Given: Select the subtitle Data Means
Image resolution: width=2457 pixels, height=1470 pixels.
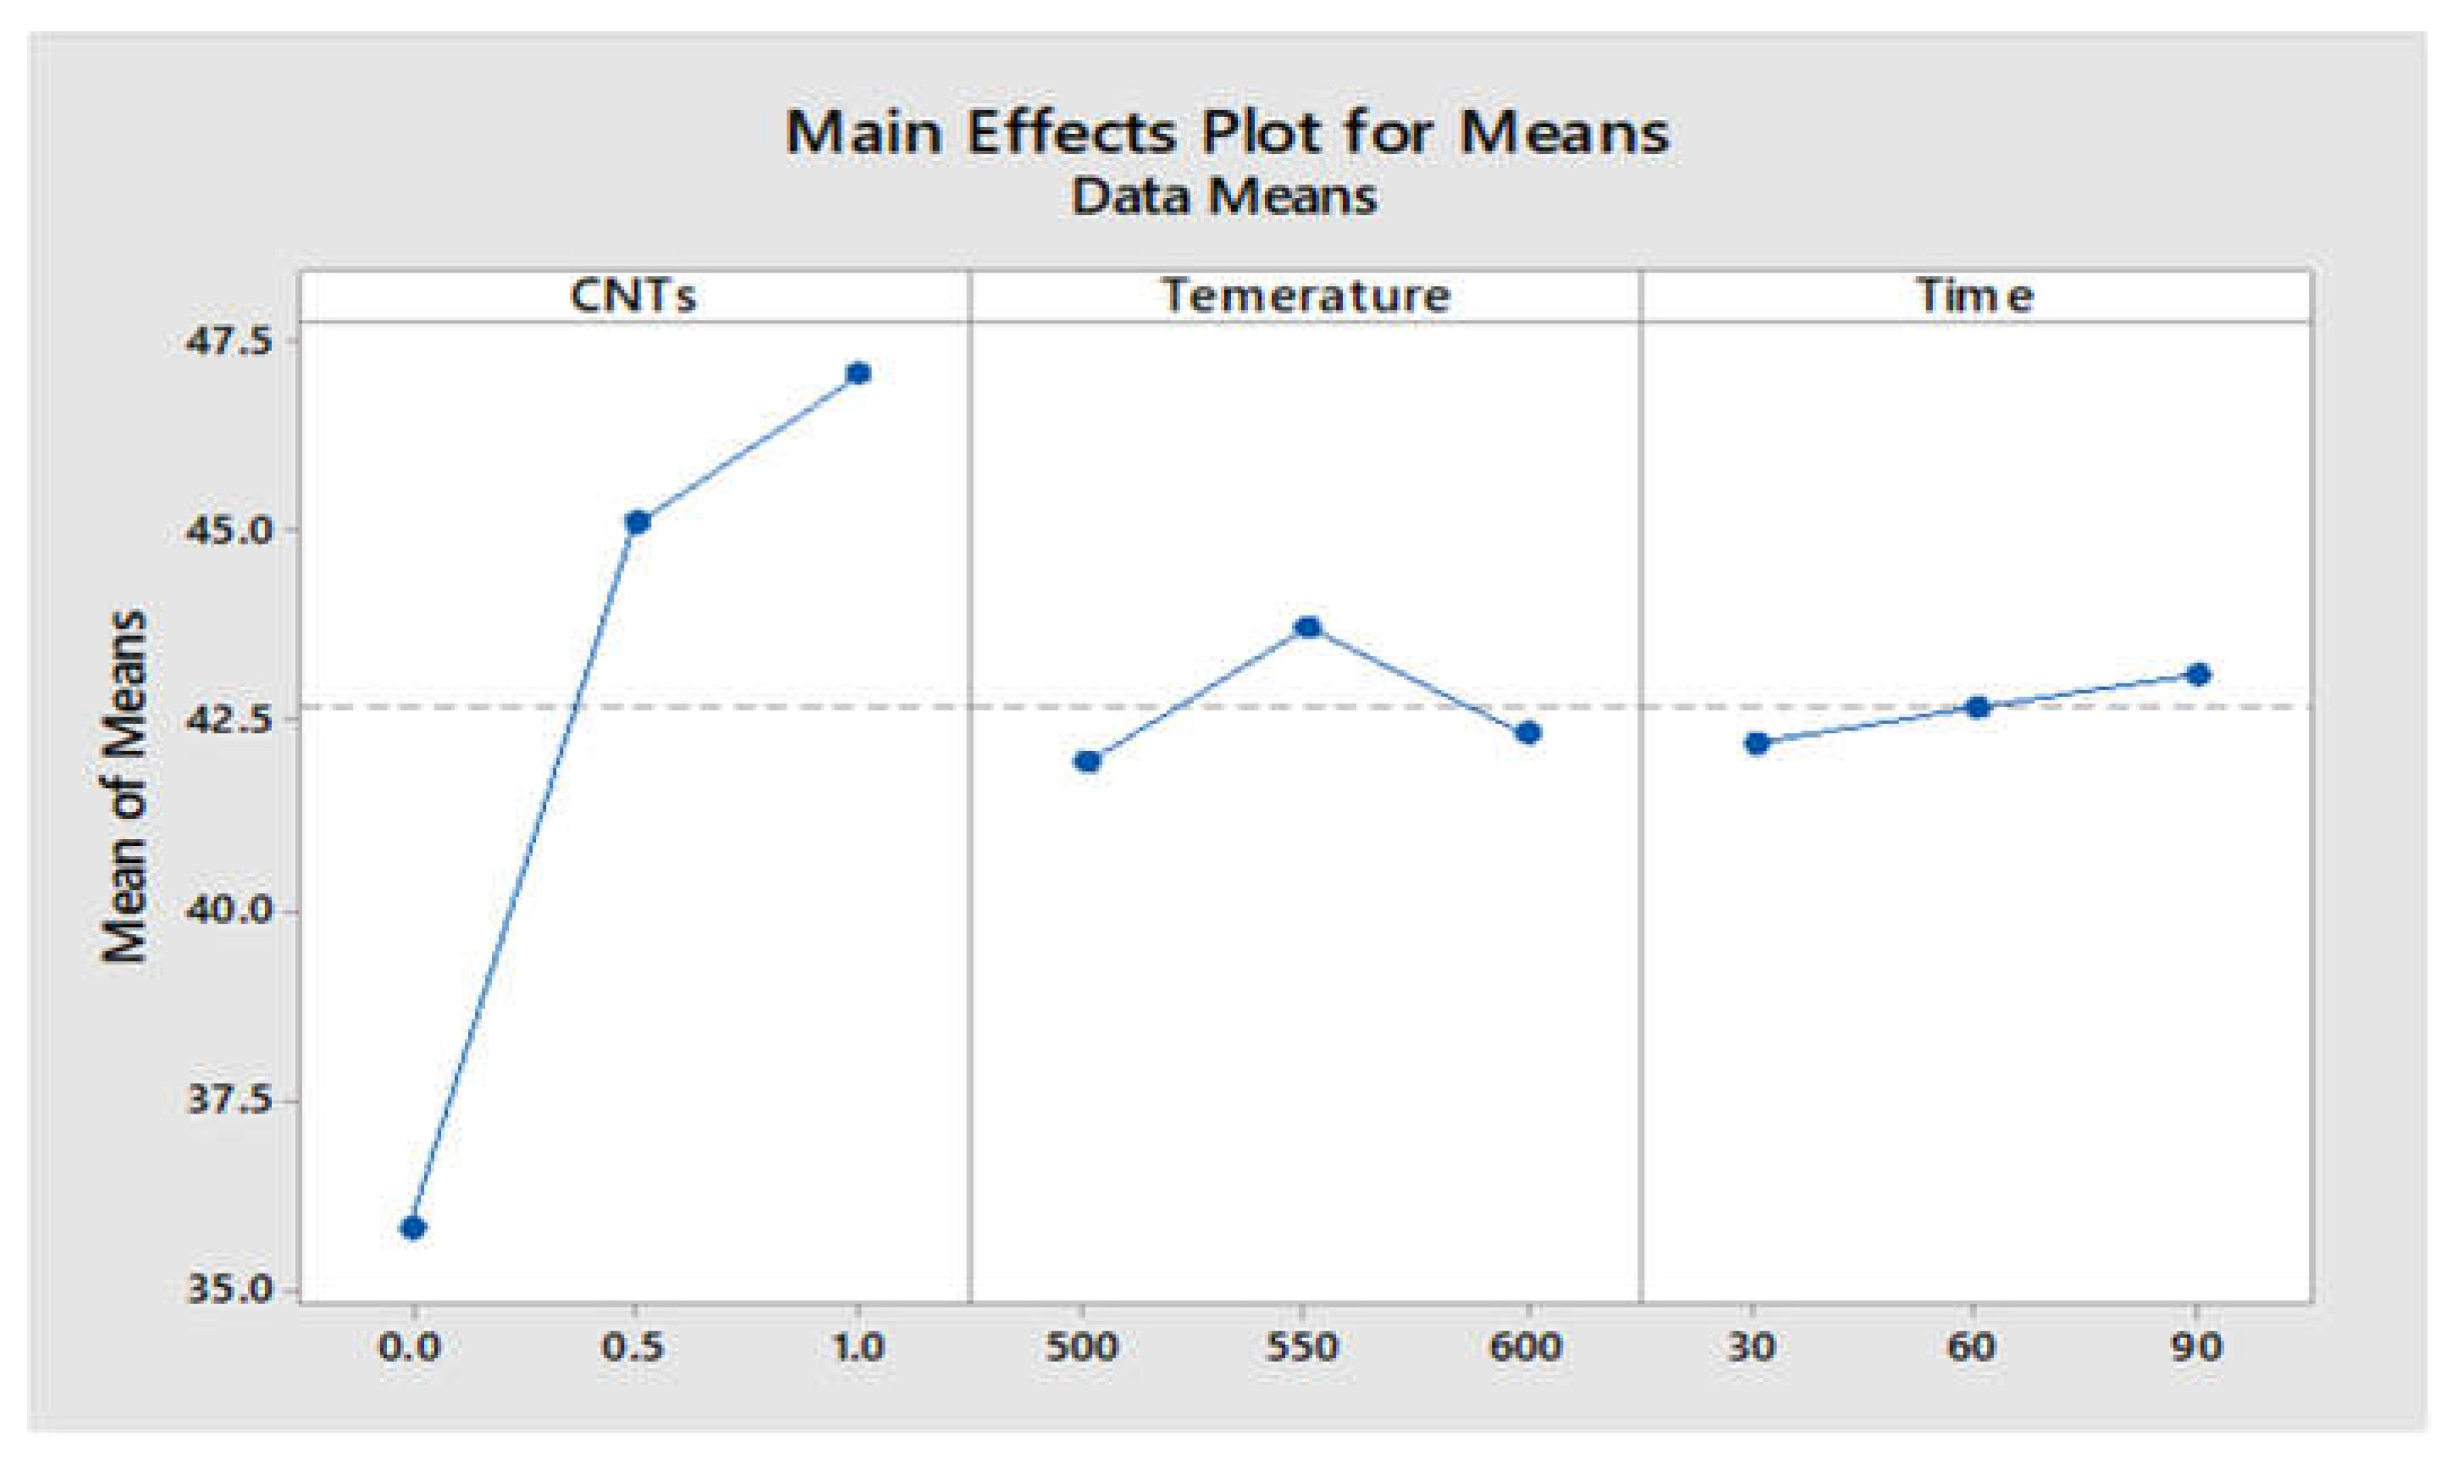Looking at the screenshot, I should (1224, 196).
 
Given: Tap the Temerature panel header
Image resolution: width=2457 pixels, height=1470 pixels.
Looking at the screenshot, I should (1306, 296).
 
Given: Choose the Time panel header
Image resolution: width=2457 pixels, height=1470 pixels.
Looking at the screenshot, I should (1974, 296).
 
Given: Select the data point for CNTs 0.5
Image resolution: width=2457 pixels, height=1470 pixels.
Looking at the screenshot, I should (638, 522).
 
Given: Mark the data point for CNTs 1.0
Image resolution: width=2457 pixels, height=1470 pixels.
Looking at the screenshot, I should (859, 373).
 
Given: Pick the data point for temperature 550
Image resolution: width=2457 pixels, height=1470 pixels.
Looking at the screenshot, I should (1307, 627).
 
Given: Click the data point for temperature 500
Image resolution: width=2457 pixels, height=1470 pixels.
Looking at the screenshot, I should (1086, 760).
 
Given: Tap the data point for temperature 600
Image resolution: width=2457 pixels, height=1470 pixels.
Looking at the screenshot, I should (1529, 733).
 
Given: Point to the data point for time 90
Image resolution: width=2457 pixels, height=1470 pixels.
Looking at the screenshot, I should (2199, 675).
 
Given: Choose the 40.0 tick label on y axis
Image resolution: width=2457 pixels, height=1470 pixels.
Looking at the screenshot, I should (227, 911).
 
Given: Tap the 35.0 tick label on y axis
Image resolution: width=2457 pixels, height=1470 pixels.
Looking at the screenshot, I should (227, 1290).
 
